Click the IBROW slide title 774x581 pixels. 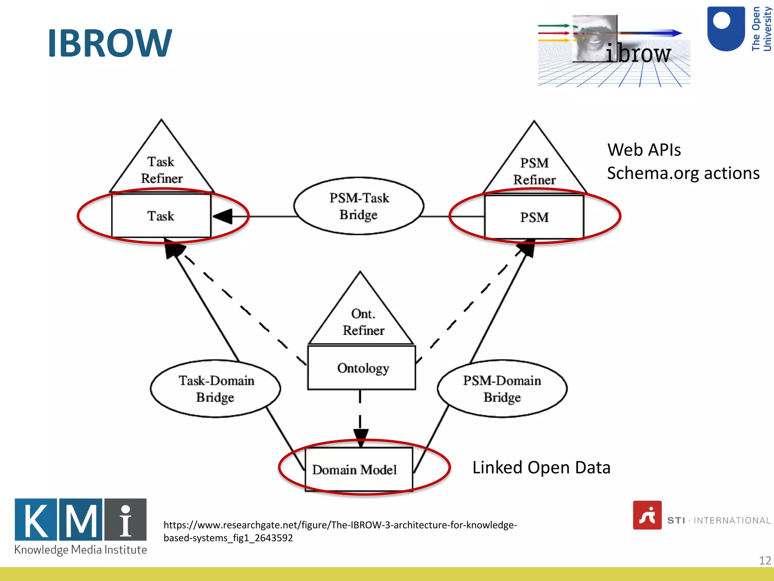pyautogui.click(x=110, y=43)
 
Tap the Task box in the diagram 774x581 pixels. pyautogui.click(x=161, y=216)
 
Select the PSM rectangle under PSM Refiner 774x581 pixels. pyautogui.click(x=534, y=217)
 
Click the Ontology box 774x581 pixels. pyautogui.click(x=362, y=368)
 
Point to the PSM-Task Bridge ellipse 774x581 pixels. pyautogui.click(x=359, y=206)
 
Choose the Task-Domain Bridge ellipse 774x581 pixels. pyautogui.click(x=215, y=389)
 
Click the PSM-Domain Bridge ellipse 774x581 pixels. pyautogui.click(x=502, y=389)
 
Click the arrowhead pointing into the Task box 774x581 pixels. pyautogui.click(x=223, y=216)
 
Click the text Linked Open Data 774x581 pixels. pyautogui.click(x=541, y=468)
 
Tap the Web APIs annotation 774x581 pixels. pyautogui.click(x=644, y=150)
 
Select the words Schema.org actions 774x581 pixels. pyautogui.click(x=683, y=173)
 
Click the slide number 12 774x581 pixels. pyautogui.click(x=765, y=560)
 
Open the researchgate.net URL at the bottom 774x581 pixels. pyautogui.click(x=340, y=531)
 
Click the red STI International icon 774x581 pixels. pyautogui.click(x=647, y=515)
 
